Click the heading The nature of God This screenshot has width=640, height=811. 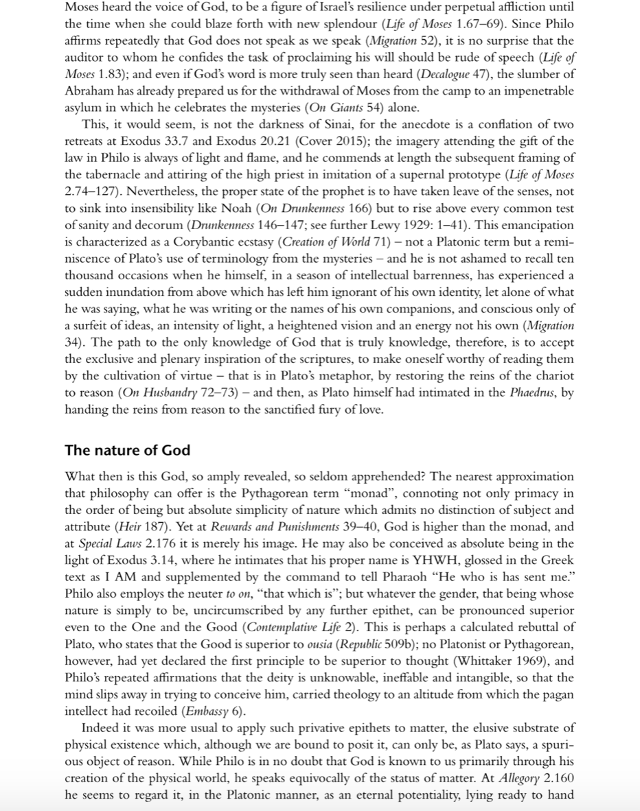[x=127, y=451]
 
